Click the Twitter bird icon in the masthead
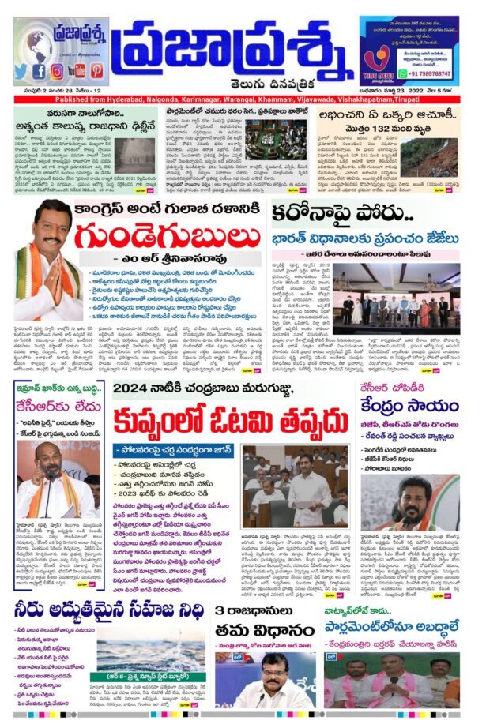click(x=21, y=70)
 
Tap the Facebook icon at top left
click(x=39, y=70)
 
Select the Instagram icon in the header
click(x=57, y=70)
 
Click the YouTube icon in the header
click(x=76, y=70)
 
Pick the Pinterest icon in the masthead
click(x=96, y=70)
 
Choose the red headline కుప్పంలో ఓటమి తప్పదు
click(x=228, y=422)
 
